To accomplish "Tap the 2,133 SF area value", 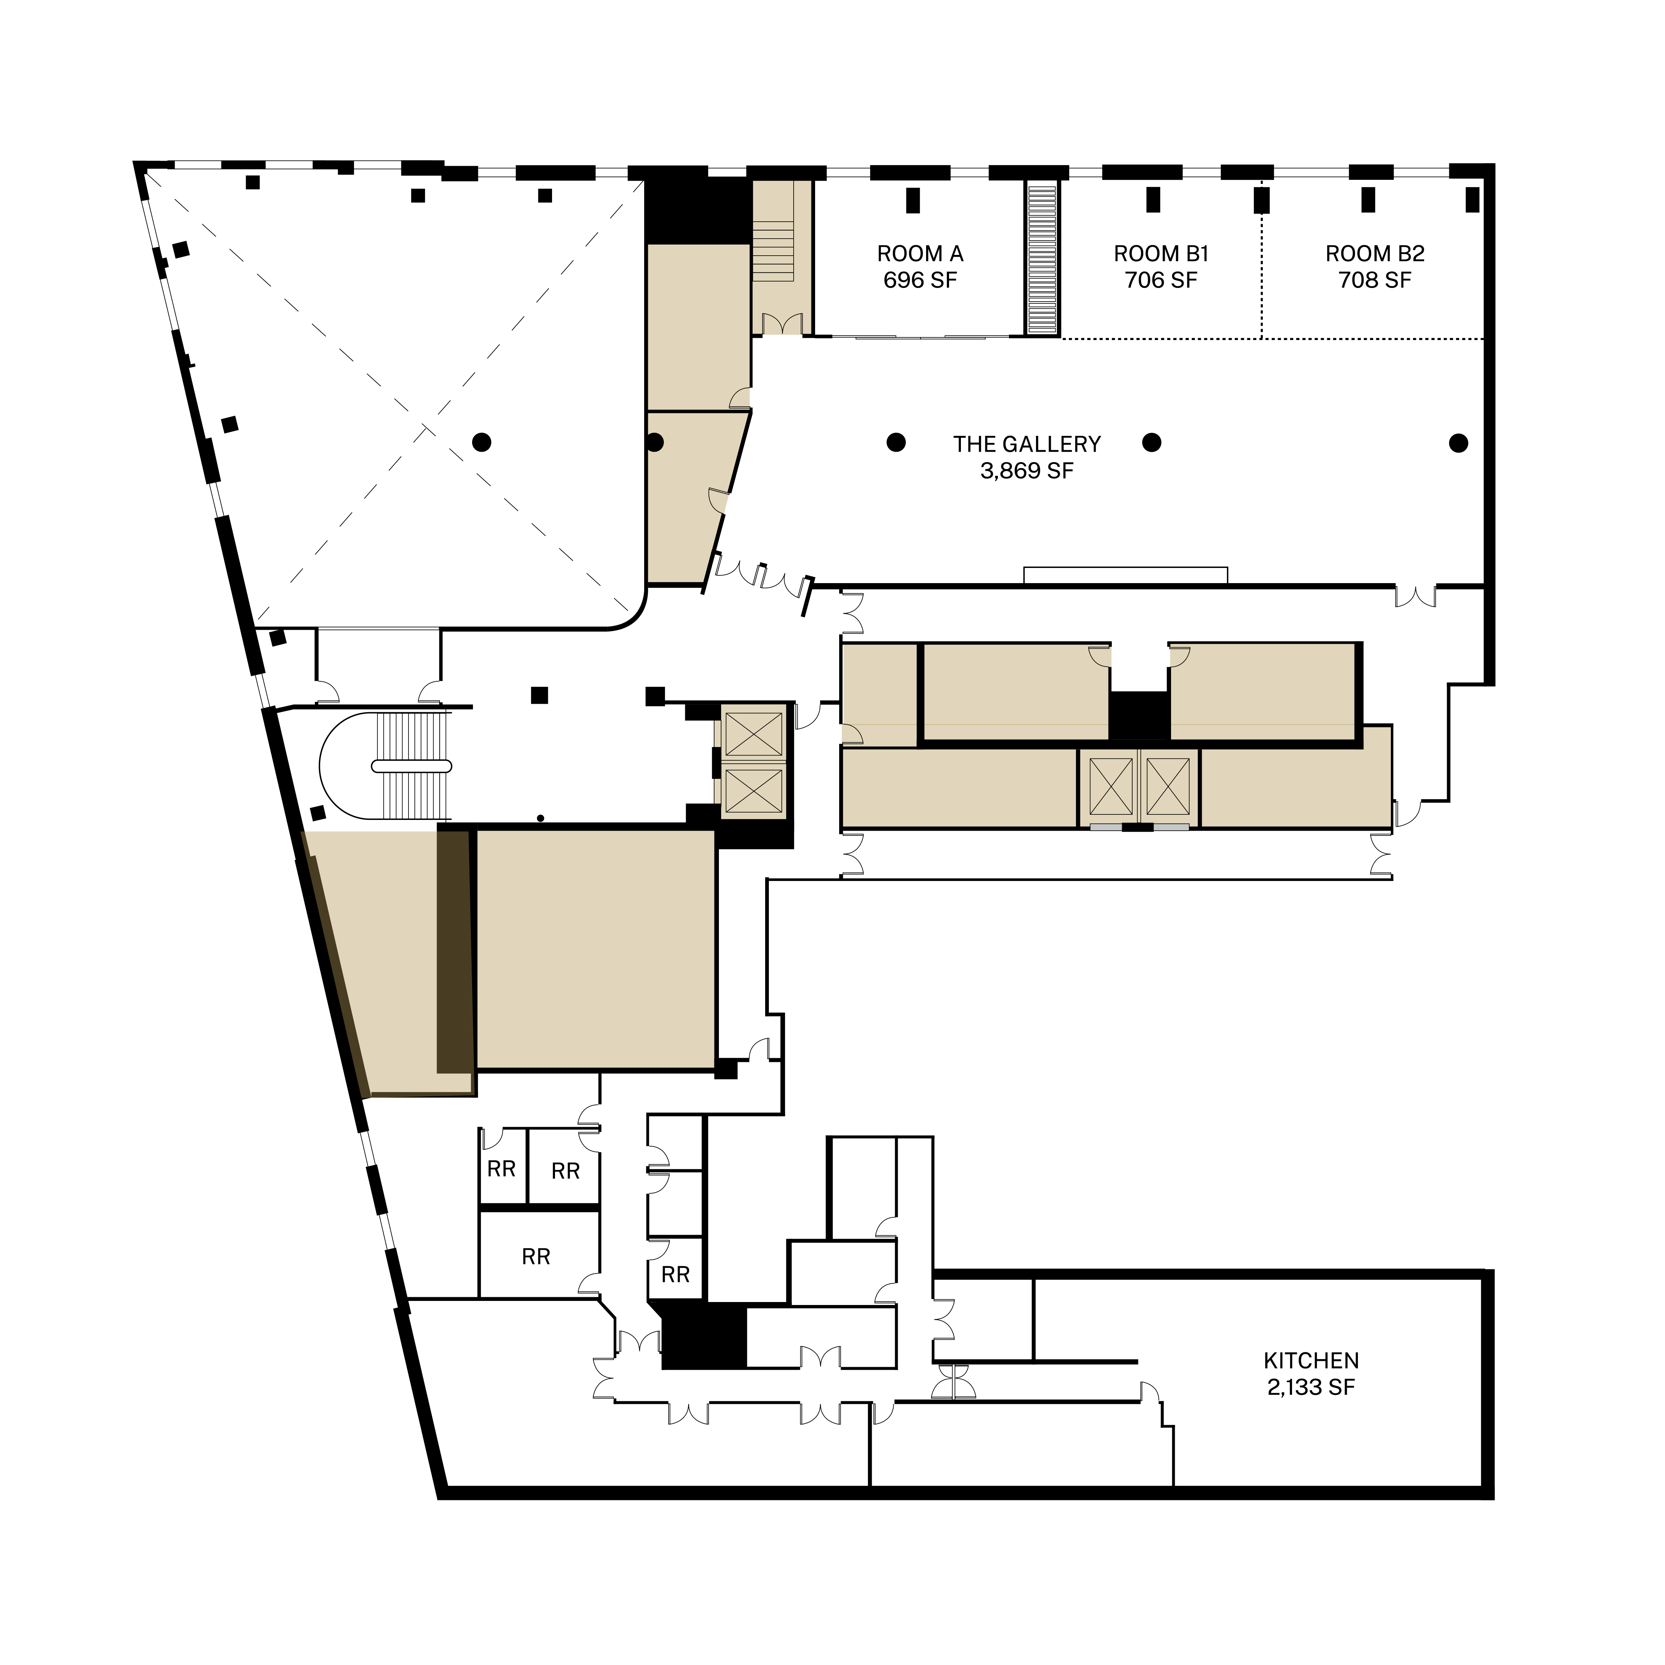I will click(1311, 1387).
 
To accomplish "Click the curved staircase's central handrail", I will click(411, 766).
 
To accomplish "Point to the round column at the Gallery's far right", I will click(1458, 443).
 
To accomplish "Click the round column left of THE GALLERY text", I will click(896, 443).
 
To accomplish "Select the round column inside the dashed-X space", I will click(482, 442).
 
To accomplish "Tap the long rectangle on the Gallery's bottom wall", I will click(1125, 576).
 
